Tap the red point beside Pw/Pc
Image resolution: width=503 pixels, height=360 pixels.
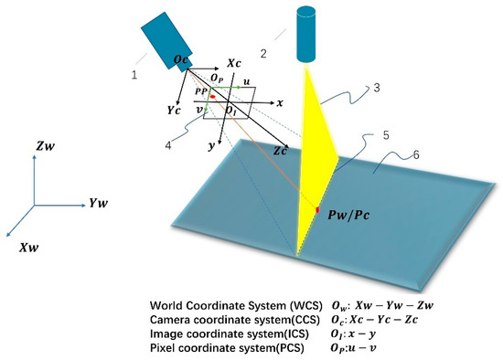tap(318, 212)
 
